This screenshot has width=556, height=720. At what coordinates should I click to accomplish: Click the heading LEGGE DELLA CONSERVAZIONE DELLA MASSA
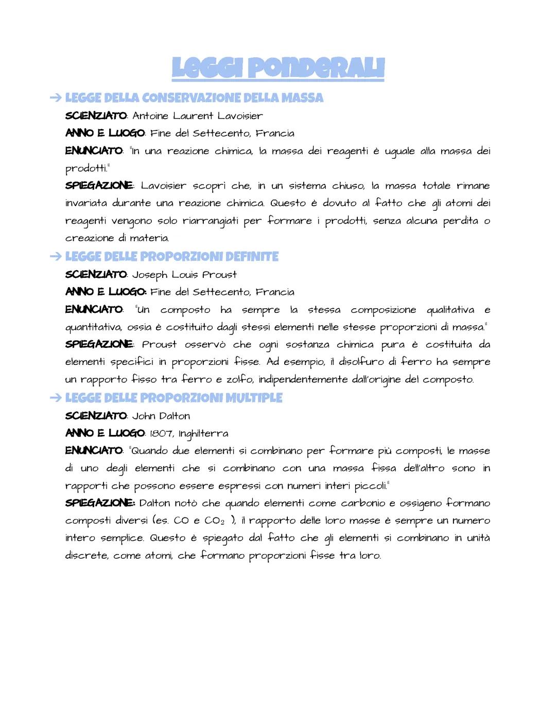(194, 98)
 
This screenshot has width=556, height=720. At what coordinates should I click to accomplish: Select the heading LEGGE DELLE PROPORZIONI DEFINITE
(171, 257)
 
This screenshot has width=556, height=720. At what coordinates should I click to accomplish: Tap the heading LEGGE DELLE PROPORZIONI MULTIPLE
(173, 398)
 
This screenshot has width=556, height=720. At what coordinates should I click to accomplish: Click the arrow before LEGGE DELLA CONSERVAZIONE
(56, 98)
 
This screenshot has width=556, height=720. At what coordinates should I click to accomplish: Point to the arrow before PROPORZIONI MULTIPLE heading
(56, 398)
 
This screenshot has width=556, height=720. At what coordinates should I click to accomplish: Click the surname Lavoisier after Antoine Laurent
(240, 116)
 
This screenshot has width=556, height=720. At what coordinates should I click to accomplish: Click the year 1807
(161, 433)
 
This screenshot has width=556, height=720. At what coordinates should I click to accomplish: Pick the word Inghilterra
(203, 434)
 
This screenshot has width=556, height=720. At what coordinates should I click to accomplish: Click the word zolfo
(239, 379)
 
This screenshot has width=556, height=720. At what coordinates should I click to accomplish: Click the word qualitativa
(450, 310)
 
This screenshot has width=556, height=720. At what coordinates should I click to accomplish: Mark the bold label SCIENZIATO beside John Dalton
(96, 416)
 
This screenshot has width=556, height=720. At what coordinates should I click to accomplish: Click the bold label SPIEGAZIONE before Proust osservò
(99, 344)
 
